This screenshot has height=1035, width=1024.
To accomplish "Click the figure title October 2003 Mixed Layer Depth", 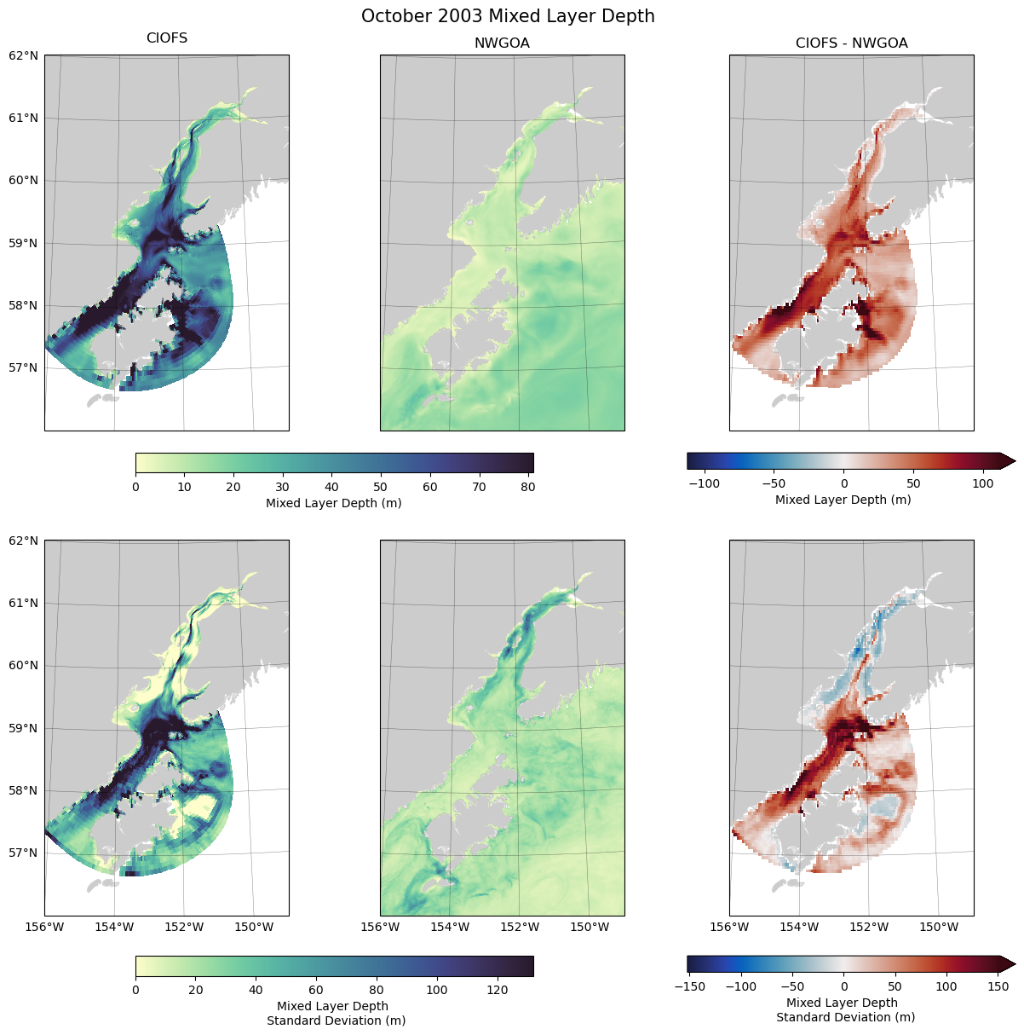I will tap(508, 16).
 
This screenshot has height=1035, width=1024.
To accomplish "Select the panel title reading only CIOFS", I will tap(167, 38).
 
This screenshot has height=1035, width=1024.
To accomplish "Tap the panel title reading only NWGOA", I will tap(502, 43).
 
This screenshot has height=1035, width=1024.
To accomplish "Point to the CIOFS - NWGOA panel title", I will tap(851, 43).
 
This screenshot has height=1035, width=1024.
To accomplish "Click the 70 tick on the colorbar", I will tap(486, 487).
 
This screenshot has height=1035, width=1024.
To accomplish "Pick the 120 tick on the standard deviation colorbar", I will tap(497, 990).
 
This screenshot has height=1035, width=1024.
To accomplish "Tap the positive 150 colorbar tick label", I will tap(997, 986).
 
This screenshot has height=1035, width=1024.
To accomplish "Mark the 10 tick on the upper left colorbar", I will tap(185, 487).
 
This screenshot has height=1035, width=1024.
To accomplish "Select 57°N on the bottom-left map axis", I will tap(24, 853).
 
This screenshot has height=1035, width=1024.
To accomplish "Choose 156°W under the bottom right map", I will tap(729, 927).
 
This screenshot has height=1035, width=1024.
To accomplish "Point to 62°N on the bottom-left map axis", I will tap(24, 541).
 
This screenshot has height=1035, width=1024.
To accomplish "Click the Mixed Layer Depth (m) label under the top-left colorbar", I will tap(334, 503).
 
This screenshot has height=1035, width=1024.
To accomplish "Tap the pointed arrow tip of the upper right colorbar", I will tap(1014, 461).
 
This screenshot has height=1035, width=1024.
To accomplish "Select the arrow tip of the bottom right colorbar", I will tap(1014, 964).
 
